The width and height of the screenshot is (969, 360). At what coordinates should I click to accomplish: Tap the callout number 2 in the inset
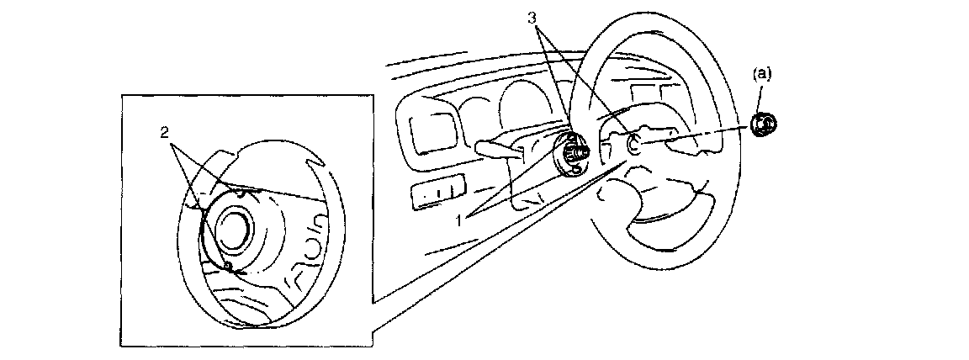166,132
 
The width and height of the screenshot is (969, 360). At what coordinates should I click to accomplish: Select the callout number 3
532,18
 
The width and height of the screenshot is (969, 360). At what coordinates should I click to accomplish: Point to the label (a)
760,74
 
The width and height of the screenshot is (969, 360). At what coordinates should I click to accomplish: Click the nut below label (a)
764,124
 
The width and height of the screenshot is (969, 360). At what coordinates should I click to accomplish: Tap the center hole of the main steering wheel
635,144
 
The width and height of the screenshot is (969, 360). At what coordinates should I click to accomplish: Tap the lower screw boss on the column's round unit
575,170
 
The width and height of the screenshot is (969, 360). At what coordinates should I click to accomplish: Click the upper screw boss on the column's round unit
572,136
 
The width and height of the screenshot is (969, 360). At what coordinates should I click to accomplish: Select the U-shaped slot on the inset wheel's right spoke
310,243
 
